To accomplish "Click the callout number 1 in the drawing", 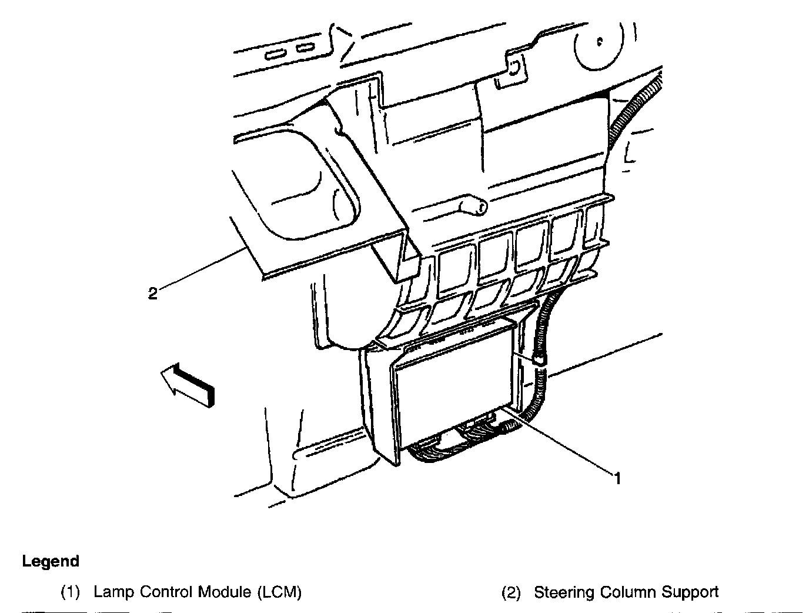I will coord(617,478).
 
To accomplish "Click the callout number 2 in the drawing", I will coord(153,293).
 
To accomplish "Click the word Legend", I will coord(51,561).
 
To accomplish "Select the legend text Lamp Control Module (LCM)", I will coord(198,592).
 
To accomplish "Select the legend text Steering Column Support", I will coord(626,592).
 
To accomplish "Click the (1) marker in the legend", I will coord(71,592).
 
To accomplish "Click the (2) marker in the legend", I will coord(511,592).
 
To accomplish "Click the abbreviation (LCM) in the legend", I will coord(279,592).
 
